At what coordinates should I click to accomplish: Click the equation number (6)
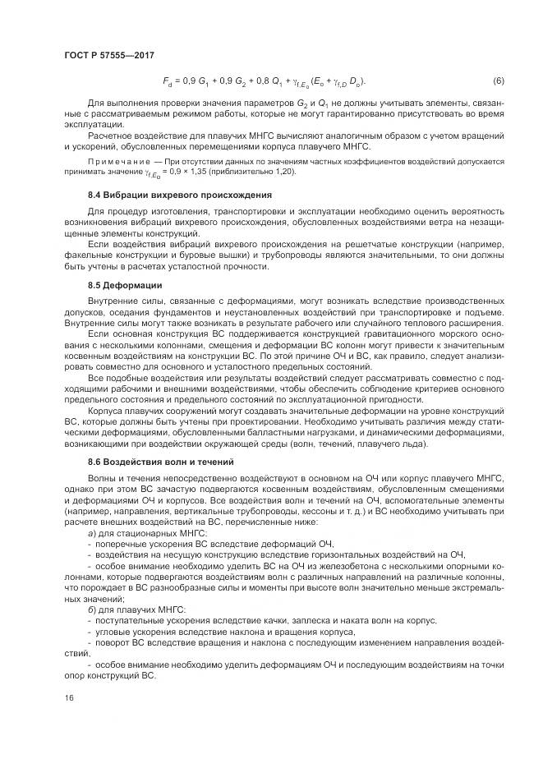498,81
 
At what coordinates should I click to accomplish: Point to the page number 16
68,698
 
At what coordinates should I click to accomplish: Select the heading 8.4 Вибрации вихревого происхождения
179,195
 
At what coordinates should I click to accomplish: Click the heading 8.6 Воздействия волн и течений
160,462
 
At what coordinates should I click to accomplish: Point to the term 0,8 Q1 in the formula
276,82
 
